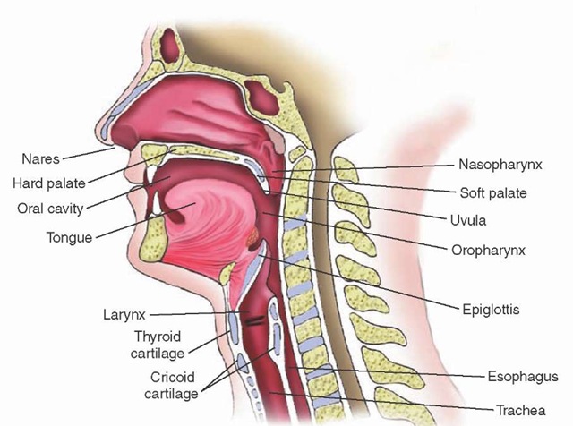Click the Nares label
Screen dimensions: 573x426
[40, 159]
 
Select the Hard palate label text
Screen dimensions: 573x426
[49, 183]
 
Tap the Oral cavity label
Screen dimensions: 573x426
[50, 209]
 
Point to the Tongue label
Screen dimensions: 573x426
[70, 237]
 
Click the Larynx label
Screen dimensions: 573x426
[124, 314]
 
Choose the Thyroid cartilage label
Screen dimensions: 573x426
[158, 345]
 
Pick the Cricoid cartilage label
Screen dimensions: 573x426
[171, 385]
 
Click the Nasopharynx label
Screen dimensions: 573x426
[500, 165]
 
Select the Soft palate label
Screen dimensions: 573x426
[493, 193]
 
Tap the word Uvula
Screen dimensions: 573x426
[468, 220]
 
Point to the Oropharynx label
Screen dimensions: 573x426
[489, 251]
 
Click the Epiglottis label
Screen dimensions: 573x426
[491, 310]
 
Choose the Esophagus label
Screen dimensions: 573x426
[523, 377]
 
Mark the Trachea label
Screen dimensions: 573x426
[520, 410]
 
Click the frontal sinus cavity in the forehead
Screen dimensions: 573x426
[170, 45]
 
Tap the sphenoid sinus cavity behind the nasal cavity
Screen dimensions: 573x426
[261, 97]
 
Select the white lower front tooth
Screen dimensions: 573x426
[157, 203]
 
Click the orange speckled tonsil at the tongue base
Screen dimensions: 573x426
[252, 237]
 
